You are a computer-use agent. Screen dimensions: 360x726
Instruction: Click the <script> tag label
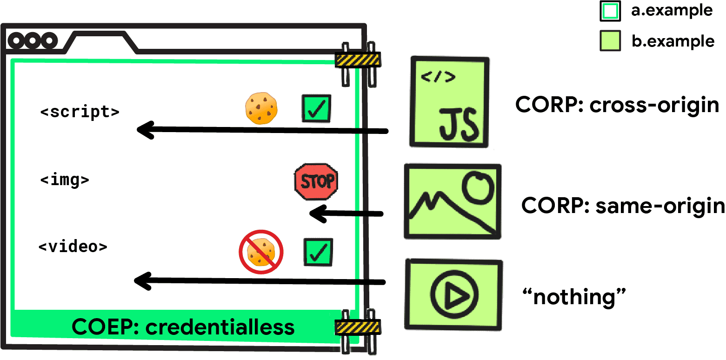pos(80,112)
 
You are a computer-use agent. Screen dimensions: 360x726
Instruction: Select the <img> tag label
pos(65,180)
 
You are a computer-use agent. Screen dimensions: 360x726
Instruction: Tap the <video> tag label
pos(73,246)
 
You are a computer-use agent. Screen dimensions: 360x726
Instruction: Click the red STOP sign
pos(316,182)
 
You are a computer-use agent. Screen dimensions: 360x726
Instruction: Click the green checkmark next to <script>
pos(316,108)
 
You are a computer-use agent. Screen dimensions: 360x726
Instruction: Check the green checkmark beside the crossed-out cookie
pos(318,253)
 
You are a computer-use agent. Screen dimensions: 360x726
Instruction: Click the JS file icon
pos(449,102)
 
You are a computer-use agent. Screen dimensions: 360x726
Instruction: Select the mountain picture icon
pos(452,201)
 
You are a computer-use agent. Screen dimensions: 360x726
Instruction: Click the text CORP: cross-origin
pos(617,106)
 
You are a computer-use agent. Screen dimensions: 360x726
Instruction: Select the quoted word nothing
pos(574,297)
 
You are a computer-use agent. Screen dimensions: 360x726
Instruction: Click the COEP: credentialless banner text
pos(183,327)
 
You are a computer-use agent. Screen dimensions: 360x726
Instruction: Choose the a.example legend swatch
pos(610,12)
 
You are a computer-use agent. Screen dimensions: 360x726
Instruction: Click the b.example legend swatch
pos(610,41)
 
